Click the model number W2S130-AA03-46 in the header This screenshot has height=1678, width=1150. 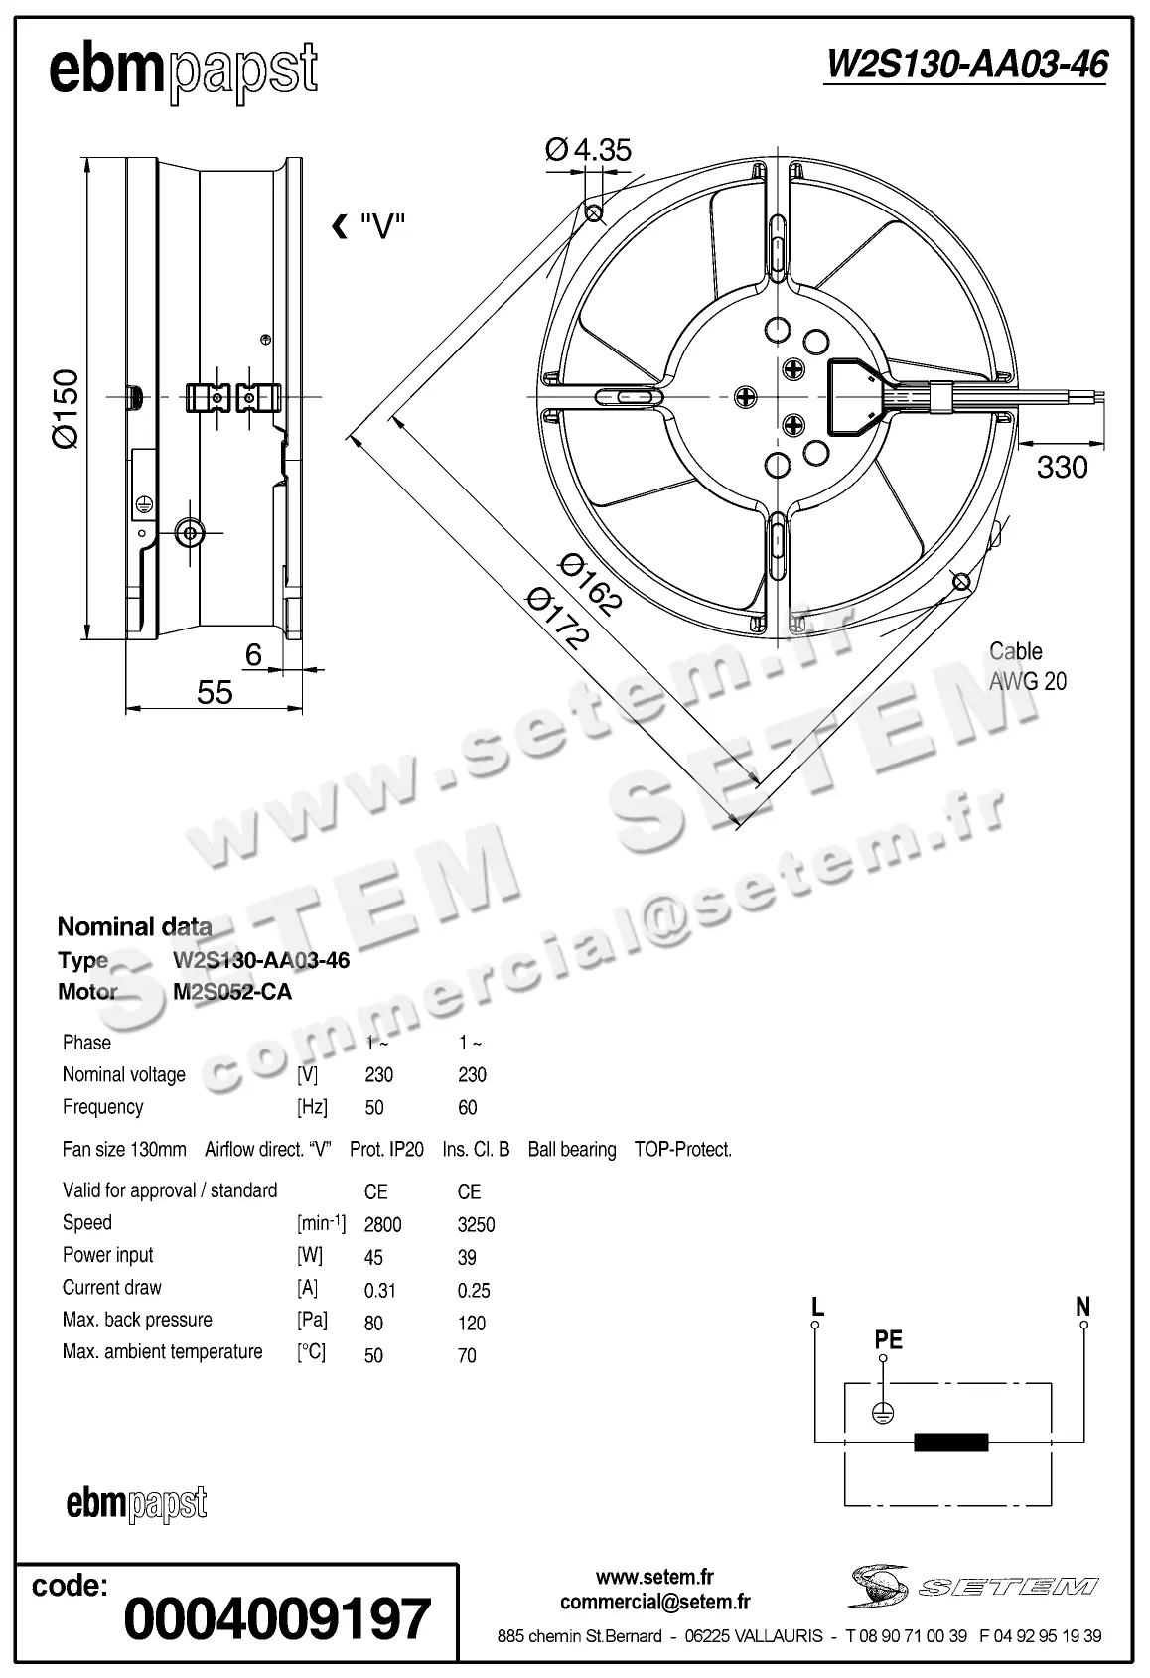point(965,65)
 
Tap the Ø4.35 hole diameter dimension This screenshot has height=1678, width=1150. point(588,149)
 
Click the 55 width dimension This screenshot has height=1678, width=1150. point(215,692)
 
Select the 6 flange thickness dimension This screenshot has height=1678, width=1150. point(253,654)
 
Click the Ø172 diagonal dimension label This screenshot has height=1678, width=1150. point(557,619)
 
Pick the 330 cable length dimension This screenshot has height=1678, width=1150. point(1062,466)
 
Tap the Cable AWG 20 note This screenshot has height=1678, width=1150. point(1027,666)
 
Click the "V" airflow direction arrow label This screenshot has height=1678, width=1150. point(369,227)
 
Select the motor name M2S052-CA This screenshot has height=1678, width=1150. point(231,992)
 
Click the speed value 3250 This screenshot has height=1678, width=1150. point(476,1224)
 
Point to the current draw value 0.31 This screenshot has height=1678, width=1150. point(379,1290)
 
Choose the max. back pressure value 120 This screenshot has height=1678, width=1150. point(472,1323)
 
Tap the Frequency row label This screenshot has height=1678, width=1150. point(102,1106)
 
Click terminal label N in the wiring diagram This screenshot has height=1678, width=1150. point(1082,1307)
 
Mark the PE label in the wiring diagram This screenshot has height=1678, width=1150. point(888,1339)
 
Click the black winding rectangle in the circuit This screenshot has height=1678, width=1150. point(950,1442)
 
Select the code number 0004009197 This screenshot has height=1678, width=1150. point(277,1618)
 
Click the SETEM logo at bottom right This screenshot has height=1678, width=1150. point(973,1586)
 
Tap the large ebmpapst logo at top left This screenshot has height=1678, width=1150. point(184,71)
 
